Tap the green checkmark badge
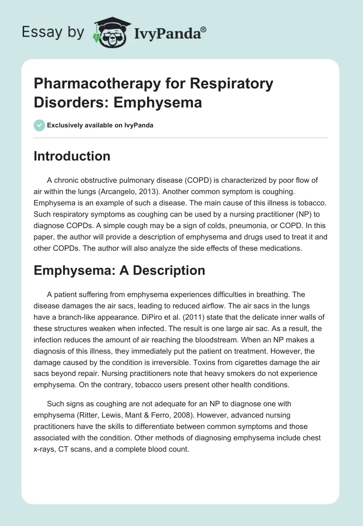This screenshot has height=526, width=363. coord(39,125)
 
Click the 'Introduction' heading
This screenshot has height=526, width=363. coord(72,156)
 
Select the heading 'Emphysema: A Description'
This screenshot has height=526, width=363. coord(119,270)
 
